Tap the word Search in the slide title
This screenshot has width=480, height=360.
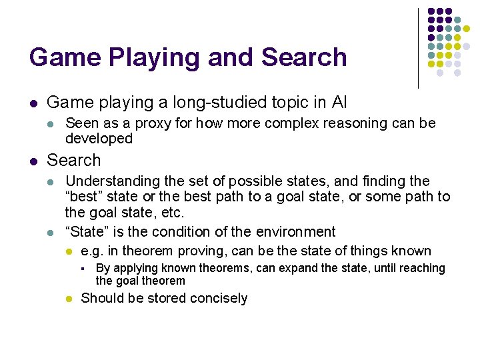point(304,57)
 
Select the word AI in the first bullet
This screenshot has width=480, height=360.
point(339,103)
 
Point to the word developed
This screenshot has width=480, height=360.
point(99,139)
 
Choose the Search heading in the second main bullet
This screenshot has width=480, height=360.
point(74,161)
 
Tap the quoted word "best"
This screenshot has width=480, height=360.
point(85,197)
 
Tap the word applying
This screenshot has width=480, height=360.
point(135,268)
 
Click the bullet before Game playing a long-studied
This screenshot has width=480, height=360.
point(33,103)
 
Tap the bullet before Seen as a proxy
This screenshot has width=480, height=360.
point(51,124)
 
